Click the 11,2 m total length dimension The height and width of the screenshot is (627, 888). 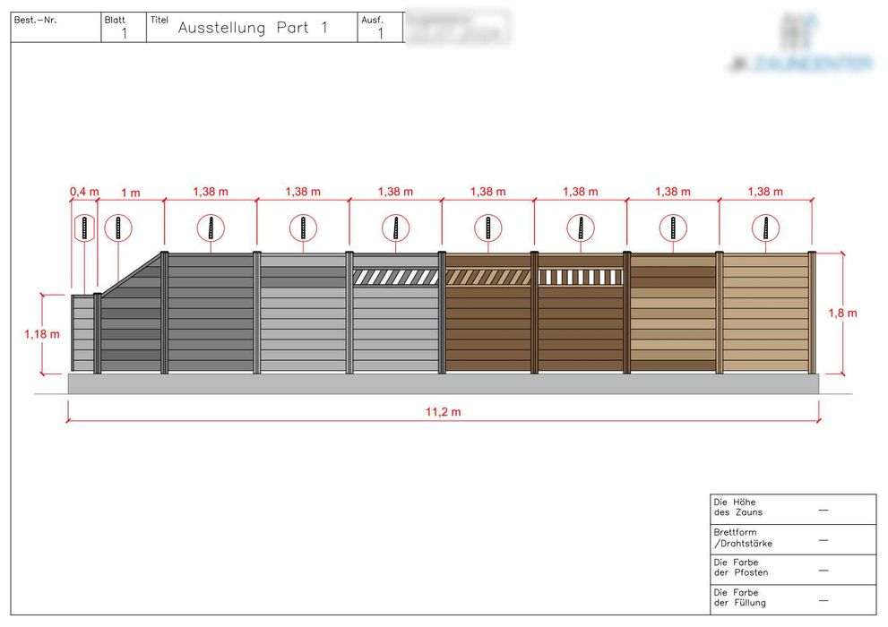tap(444, 412)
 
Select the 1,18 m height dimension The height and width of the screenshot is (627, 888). tap(42, 334)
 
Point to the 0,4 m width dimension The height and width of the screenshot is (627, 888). tap(84, 192)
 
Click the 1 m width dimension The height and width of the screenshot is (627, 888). tap(131, 192)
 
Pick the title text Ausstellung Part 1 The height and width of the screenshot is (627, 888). tap(253, 28)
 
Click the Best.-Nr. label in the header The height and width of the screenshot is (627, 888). tap(35, 19)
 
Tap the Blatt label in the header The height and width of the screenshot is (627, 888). tap(115, 19)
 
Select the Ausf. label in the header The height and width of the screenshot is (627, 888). tap(372, 19)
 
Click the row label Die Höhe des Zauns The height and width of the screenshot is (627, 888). tap(735, 507)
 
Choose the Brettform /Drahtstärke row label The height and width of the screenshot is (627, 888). tap(742, 537)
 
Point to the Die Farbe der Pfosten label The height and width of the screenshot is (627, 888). tap(740, 567)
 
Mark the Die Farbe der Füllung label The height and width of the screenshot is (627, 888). tap(739, 597)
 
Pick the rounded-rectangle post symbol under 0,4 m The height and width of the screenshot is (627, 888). tap(84, 228)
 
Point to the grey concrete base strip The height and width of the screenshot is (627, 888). tap(444, 383)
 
